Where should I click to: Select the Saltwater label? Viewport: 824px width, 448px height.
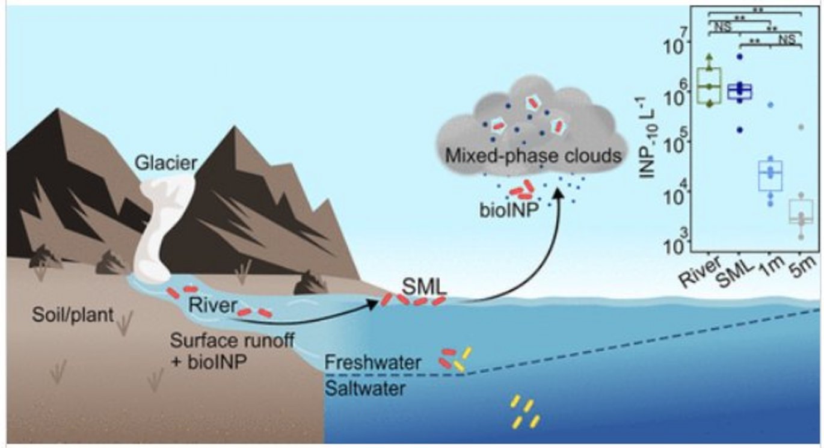click(365, 388)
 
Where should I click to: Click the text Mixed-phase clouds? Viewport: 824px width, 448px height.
click(532, 156)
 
